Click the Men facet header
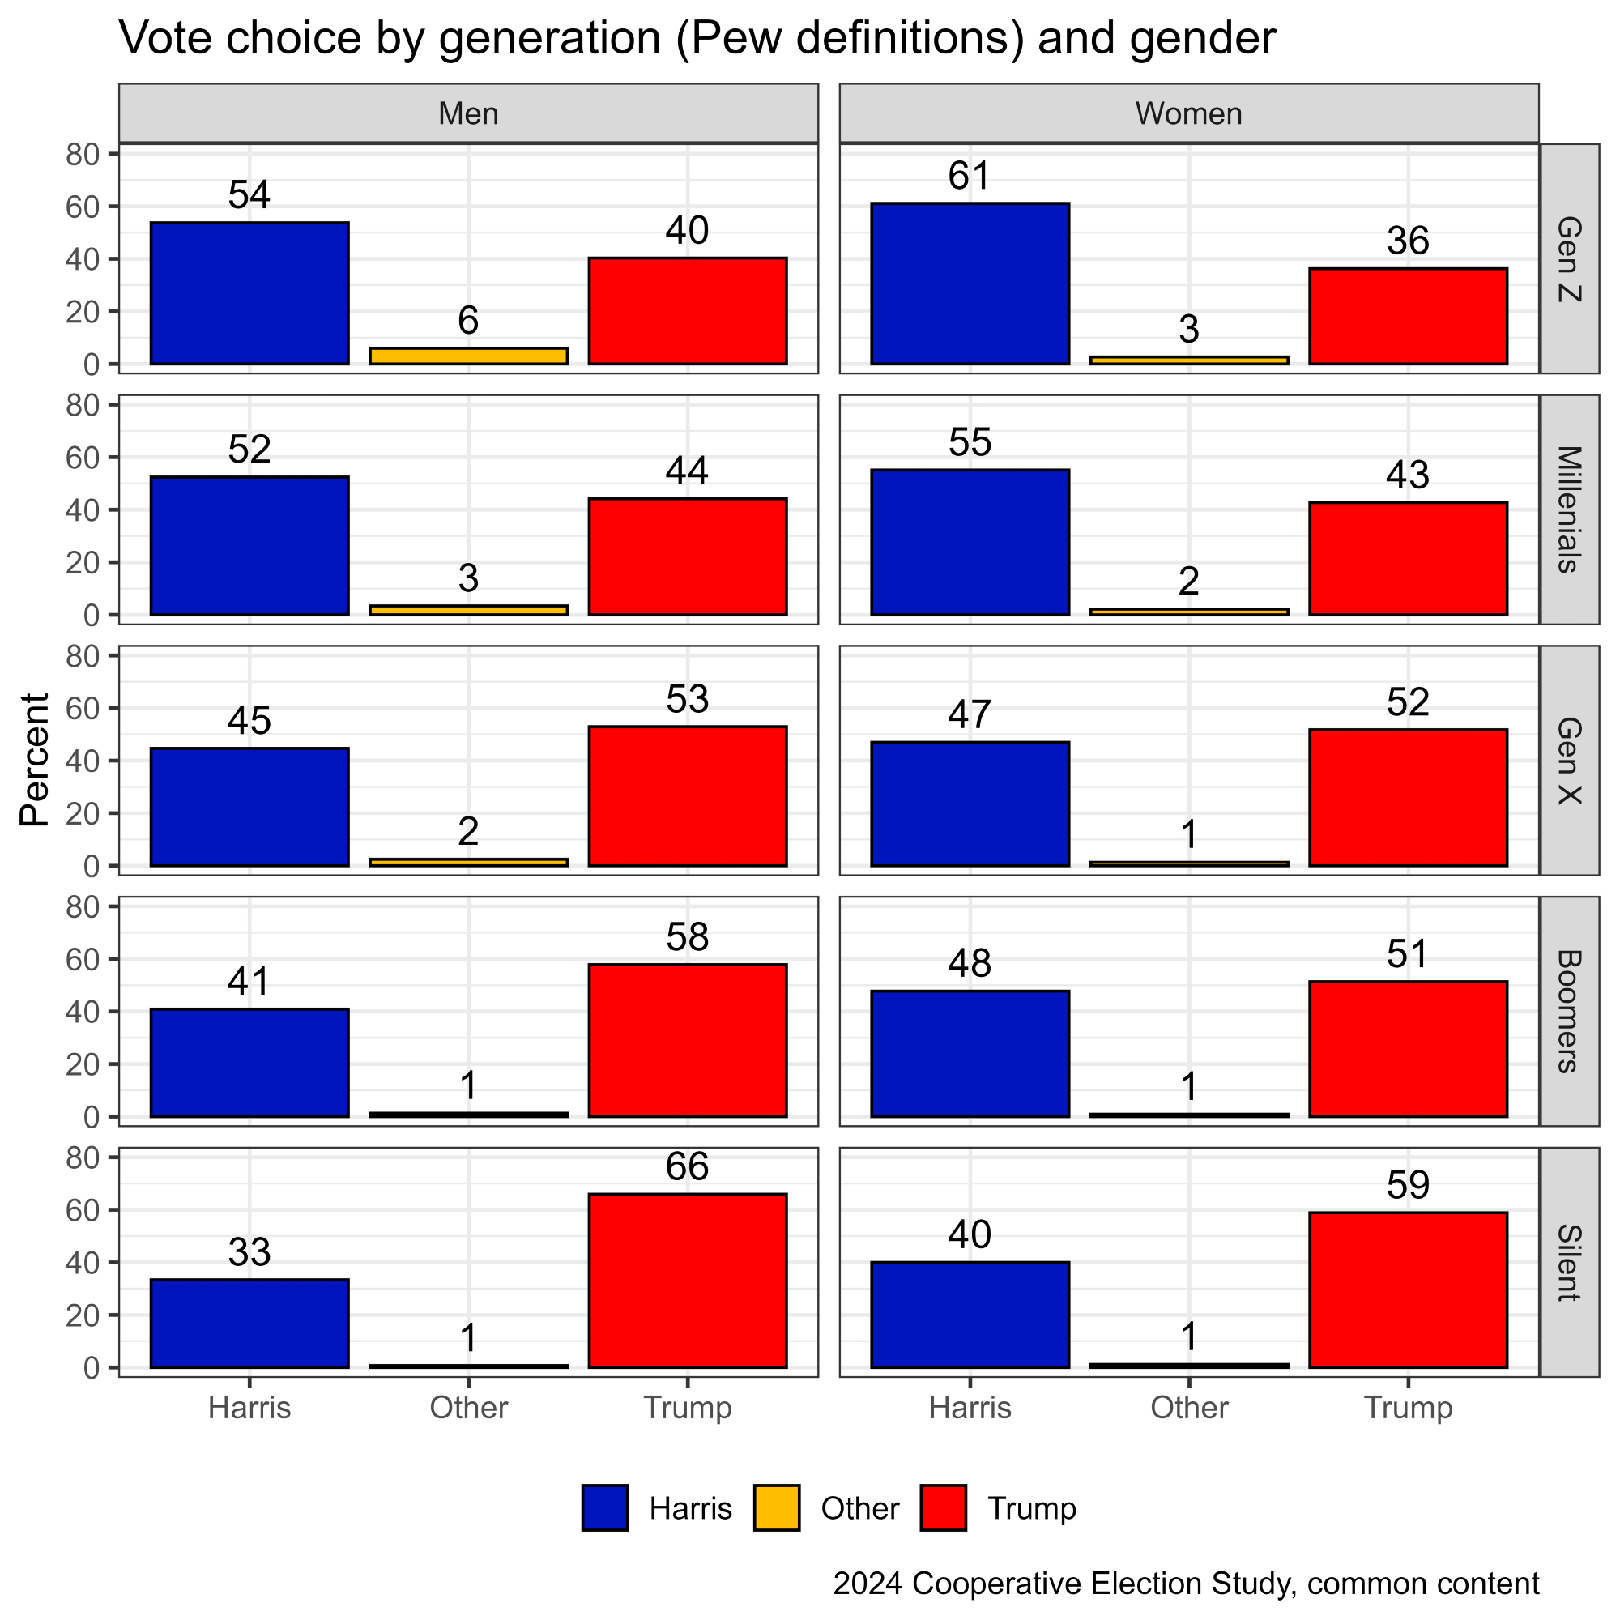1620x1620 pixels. point(468,113)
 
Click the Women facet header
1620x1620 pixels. point(1188,113)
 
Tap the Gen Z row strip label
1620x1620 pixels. point(1568,258)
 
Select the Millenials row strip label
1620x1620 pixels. point(1568,509)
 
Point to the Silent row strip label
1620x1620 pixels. point(1568,1262)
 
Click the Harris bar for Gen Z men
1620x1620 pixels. point(249,293)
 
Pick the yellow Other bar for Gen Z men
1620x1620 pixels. point(468,356)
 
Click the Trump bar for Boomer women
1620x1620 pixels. point(1407,1048)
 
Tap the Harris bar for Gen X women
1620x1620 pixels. point(970,804)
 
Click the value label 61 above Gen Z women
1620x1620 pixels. point(970,176)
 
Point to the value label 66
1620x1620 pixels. point(687,1166)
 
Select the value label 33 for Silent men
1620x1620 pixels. point(249,1253)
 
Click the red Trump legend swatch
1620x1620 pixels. point(943,1507)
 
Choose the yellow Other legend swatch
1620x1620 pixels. point(776,1507)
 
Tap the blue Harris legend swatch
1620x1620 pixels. point(604,1507)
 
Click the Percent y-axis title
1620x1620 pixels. point(35,760)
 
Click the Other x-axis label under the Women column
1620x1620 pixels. point(1188,1407)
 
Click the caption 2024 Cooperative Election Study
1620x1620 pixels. point(1186,1582)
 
